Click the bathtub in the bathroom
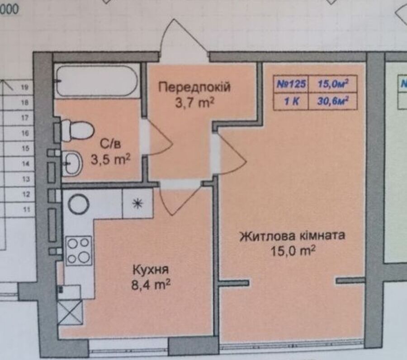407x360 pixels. click(97, 81)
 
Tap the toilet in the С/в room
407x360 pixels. click(77, 131)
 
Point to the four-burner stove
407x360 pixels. click(79, 251)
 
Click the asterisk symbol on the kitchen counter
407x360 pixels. click(137, 203)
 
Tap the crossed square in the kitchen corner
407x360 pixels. click(70, 312)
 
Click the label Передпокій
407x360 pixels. click(194, 87)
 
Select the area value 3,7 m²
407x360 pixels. click(194, 103)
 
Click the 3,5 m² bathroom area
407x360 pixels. click(110, 159)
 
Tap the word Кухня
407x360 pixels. click(151, 270)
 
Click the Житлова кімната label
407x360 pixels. click(292, 236)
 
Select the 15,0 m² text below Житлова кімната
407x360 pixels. click(293, 251)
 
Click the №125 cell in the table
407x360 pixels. click(291, 84)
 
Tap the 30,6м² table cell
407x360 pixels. click(333, 101)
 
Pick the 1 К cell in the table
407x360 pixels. click(291, 101)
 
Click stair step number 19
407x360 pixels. click(25, 87)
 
